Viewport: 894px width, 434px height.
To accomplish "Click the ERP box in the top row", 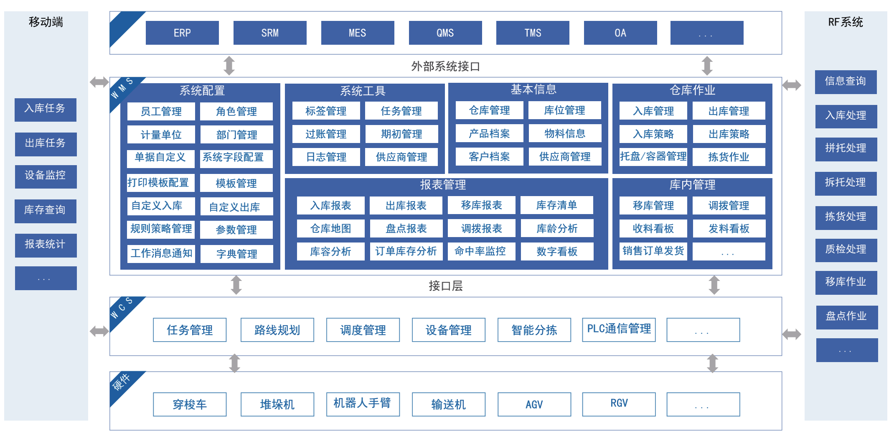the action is [182, 33].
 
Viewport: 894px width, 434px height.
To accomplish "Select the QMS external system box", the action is [445, 33].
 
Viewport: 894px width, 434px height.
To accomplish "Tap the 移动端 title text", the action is [46, 22].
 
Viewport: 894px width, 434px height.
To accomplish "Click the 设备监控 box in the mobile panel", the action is [46, 176].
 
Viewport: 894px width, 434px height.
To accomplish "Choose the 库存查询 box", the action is [46, 211].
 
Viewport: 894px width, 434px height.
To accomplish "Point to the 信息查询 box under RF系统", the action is [846, 82].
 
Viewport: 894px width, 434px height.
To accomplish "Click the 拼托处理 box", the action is [846, 149].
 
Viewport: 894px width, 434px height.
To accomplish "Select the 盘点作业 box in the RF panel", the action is [847, 317].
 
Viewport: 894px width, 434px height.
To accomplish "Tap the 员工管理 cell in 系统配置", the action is [161, 111].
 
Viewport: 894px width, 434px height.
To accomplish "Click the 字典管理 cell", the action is [236, 254].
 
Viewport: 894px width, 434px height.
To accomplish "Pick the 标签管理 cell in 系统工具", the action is [326, 111].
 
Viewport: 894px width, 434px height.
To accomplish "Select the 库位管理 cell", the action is [564, 110].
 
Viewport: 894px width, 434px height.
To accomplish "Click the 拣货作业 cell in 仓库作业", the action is [729, 157].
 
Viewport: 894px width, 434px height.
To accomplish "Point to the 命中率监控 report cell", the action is [481, 251].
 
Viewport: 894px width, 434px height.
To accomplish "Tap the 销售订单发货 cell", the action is [653, 251].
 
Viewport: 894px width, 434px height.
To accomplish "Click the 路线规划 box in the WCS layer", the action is [277, 330].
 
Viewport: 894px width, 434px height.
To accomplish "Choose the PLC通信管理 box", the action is [619, 330].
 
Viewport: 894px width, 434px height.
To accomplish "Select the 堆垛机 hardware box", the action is [277, 404].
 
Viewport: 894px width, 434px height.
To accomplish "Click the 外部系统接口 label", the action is [445, 66].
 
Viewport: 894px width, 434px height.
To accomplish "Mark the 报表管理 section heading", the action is [443, 185].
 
